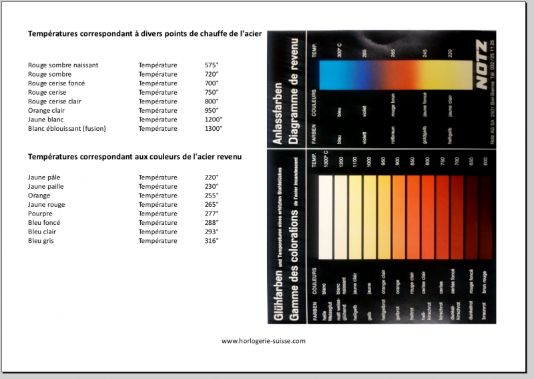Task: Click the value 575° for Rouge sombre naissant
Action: pos(212,65)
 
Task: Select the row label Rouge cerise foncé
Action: pos(56,83)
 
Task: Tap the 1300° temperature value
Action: pos(214,128)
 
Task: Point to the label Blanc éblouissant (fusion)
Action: pos(67,128)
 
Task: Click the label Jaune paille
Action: pos(46,187)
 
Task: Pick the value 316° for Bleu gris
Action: pos(212,240)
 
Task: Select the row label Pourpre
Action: pos(40,214)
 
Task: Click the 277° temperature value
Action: pos(212,214)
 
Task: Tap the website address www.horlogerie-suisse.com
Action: pos(263,340)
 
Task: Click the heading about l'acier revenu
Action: pos(134,156)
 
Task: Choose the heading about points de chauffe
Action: pos(144,33)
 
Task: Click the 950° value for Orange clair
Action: pos(212,110)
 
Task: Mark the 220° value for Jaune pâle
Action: pos(212,177)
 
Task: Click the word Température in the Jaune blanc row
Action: pos(158,119)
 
